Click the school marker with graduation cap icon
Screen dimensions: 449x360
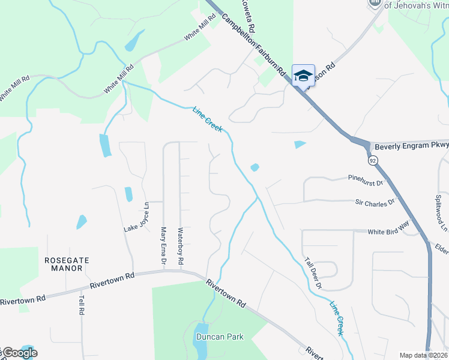(303, 76)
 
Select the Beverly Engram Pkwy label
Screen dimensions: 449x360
(411, 146)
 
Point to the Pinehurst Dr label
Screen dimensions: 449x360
(366, 179)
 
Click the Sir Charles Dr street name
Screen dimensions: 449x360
(375, 202)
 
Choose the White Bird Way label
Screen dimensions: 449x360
(388, 232)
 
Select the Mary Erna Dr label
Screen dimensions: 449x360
(163, 245)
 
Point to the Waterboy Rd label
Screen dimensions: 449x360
(180, 246)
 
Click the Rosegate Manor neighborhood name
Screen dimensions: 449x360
(67, 264)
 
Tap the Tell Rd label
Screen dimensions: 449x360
(81, 304)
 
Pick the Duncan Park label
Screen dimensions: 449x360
(220, 337)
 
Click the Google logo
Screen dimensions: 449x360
(19, 353)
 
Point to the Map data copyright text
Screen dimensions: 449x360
(423, 355)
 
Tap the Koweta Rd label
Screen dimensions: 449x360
(249, 18)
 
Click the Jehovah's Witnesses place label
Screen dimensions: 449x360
(416, 5)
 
